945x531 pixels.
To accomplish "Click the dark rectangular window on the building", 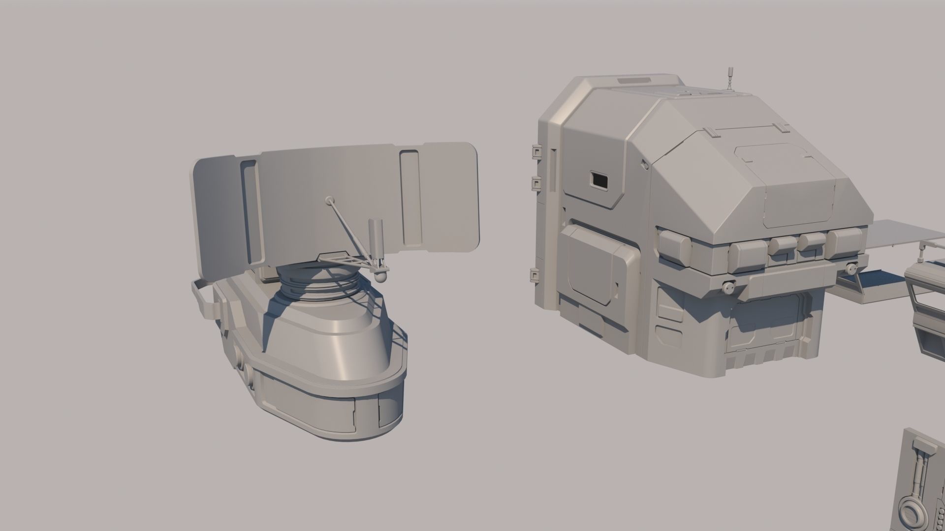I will point(599,180).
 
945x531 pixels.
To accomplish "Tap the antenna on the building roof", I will point(729,78).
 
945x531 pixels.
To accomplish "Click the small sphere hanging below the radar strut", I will point(380,277).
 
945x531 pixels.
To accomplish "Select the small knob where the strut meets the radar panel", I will point(329,200).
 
